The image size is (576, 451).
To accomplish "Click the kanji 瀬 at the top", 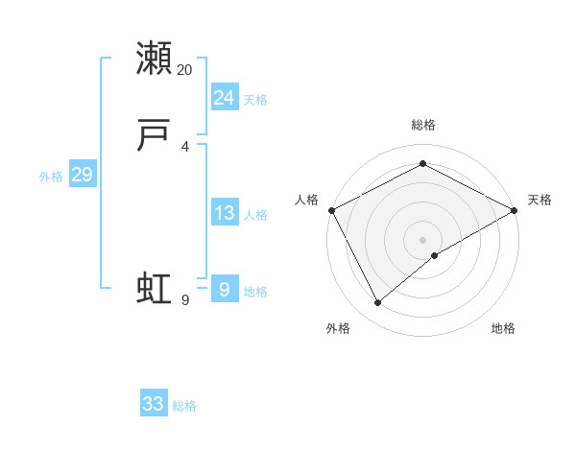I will (154, 59).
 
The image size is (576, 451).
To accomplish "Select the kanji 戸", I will (154, 138).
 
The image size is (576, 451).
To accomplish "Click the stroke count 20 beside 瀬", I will (185, 70).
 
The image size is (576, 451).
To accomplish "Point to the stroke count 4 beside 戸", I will (185, 146).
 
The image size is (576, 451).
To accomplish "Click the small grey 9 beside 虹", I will (185, 300).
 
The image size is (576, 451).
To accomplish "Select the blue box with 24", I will (224, 97).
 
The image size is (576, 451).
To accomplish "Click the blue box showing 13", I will (224, 213).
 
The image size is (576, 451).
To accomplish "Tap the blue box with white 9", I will (224, 289).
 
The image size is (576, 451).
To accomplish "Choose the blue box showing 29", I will (82, 175).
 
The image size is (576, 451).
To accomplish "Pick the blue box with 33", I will (154, 404).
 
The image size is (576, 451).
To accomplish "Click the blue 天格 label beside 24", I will (255, 100).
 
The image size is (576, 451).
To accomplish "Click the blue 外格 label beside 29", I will (51, 177).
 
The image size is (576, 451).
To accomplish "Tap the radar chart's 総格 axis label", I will (422, 125).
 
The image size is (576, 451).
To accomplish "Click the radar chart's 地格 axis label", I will (503, 328).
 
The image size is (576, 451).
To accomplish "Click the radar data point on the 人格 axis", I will (331, 210).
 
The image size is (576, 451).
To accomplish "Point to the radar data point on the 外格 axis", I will (377, 303).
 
